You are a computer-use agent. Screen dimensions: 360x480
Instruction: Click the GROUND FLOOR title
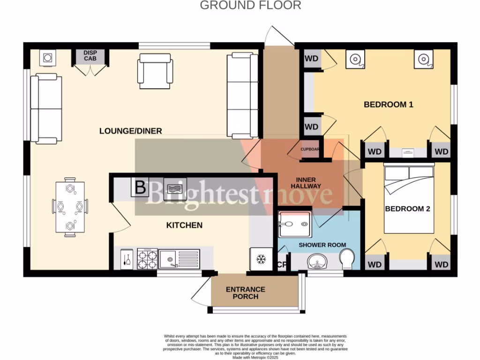tap(250, 6)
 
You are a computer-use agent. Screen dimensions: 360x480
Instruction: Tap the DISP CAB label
tap(90, 56)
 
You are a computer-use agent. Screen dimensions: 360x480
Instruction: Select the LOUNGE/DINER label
tap(130, 131)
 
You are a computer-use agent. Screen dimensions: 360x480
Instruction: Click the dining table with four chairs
tap(70, 206)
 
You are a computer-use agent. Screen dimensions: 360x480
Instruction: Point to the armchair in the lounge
tap(155, 71)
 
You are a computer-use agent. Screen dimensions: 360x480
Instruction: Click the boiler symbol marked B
tap(140, 188)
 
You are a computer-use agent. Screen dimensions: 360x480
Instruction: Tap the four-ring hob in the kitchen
tap(147, 259)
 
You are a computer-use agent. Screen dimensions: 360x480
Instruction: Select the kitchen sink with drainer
tap(179, 258)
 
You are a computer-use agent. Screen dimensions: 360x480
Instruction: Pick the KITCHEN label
tap(184, 225)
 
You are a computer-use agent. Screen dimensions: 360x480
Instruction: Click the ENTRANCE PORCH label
tap(246, 293)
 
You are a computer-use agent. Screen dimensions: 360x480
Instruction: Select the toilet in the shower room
tap(347, 259)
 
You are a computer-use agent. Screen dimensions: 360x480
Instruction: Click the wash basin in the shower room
tap(318, 262)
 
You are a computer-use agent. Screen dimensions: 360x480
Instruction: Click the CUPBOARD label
tap(310, 150)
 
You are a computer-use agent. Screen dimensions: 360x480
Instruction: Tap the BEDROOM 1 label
tap(388, 105)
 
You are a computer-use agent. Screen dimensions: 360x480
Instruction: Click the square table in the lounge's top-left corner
tap(48, 58)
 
